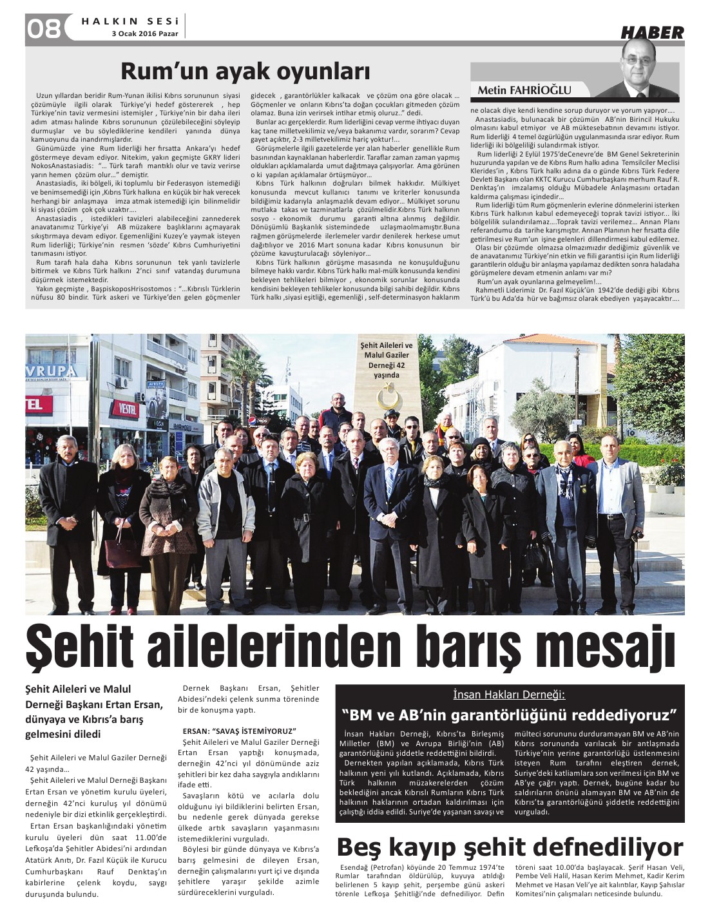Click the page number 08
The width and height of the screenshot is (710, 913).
pos(44,28)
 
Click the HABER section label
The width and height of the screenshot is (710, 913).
pos(651,33)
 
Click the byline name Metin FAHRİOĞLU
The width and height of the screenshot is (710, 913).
pos(524,90)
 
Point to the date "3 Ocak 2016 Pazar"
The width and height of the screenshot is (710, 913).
pos(145,34)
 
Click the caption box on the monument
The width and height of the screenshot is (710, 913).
pos(387,360)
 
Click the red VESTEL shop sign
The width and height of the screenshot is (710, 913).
pos(127,407)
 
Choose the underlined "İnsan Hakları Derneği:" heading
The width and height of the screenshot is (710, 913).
pos(508,695)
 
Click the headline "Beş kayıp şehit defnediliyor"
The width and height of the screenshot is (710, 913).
pos(509,846)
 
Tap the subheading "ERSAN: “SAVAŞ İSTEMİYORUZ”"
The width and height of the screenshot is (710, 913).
pos(239,731)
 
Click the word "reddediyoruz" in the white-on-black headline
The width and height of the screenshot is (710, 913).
pos(618,715)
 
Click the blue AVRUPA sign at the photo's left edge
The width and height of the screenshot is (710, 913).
pos(50,371)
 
